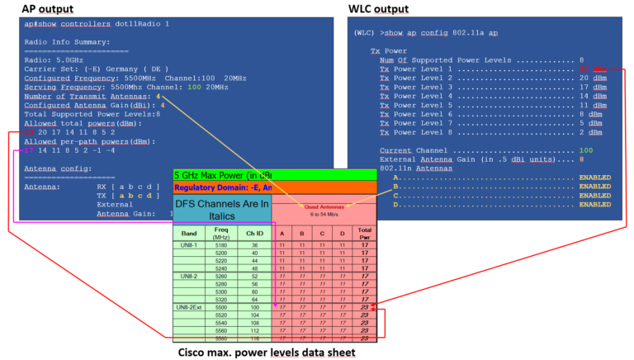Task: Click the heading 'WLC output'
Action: point(377,9)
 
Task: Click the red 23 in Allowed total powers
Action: point(29,131)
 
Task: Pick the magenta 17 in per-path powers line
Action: point(29,150)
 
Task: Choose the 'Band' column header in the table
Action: point(189,233)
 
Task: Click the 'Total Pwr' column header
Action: point(364,233)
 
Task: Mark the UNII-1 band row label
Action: point(189,245)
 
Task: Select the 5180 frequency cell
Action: point(221,245)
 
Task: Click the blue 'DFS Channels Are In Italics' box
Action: point(222,208)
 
